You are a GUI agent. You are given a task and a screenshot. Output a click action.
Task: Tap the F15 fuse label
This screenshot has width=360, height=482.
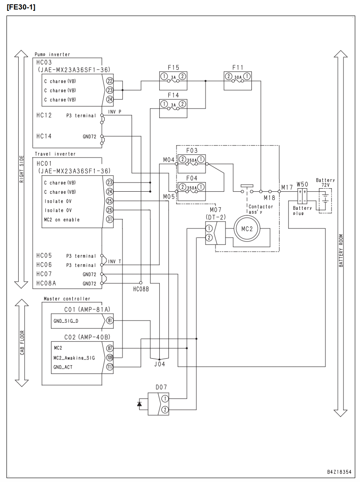point(174,67)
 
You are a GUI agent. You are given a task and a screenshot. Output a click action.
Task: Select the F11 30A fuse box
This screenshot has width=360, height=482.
point(238,81)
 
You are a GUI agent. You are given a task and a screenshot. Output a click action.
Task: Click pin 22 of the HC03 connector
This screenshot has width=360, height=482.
point(110,81)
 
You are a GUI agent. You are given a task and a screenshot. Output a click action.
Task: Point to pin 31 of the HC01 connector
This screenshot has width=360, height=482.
point(110,219)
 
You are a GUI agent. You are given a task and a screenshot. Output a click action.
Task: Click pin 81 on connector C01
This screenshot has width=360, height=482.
point(110,321)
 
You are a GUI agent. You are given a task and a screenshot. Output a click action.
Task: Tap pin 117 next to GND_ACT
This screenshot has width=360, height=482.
point(110,367)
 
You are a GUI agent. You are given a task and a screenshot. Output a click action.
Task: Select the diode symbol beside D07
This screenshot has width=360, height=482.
point(140,404)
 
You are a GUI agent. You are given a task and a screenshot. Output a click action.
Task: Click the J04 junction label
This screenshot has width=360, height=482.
point(160,364)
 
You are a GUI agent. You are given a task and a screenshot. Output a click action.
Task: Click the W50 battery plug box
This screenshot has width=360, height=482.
point(302,196)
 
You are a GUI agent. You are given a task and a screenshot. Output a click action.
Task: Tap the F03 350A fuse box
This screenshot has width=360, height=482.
point(192,164)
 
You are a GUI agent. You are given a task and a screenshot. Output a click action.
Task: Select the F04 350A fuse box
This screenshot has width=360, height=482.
point(192,192)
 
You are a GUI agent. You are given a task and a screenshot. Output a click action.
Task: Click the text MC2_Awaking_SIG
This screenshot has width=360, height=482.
point(74,358)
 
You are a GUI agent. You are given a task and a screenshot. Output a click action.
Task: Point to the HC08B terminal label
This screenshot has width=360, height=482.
point(141,289)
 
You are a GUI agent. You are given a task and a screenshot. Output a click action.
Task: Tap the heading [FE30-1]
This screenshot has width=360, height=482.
point(21,7)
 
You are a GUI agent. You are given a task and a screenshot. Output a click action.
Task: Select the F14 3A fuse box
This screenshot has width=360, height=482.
point(173,108)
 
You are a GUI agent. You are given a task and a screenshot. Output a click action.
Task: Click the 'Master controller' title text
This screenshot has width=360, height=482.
point(67,299)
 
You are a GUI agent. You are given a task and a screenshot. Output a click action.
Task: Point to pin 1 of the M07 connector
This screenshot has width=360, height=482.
point(209,228)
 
